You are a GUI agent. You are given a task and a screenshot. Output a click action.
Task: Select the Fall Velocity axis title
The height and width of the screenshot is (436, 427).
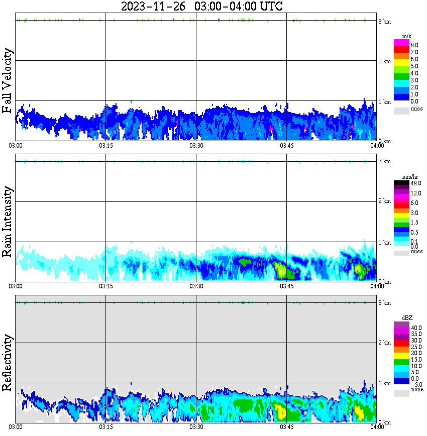8,81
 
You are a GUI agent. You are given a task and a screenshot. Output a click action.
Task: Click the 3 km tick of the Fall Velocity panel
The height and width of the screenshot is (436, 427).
385,21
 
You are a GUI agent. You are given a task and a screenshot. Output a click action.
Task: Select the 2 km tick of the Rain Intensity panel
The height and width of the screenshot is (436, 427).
385,201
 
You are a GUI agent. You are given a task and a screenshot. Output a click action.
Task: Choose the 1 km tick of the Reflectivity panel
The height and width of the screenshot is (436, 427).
385,383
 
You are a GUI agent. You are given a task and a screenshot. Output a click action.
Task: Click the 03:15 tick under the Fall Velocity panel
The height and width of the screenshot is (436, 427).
105,146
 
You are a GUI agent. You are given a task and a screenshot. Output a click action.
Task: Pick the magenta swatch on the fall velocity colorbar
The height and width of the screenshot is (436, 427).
401,43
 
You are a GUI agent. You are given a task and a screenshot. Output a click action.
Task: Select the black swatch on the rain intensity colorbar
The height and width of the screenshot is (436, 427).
401,183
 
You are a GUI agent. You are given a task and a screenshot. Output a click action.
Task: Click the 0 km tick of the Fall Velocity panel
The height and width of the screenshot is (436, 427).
385,141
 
